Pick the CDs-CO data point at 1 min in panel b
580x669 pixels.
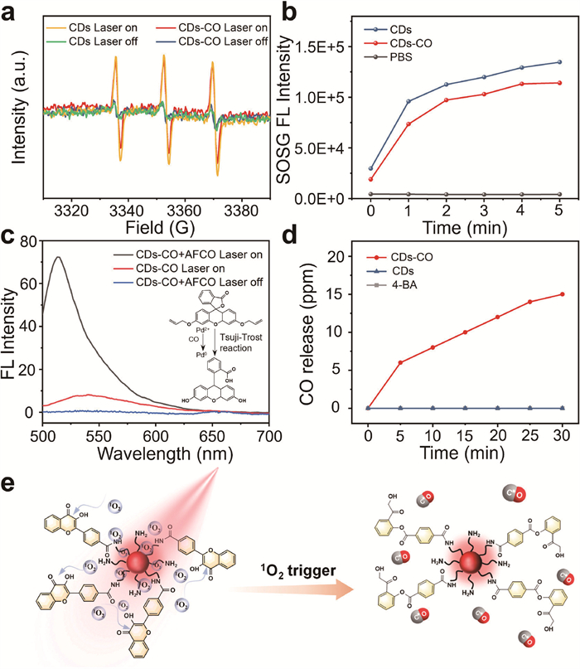[x=409, y=124]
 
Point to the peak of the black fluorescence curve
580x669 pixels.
[x=57, y=257]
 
